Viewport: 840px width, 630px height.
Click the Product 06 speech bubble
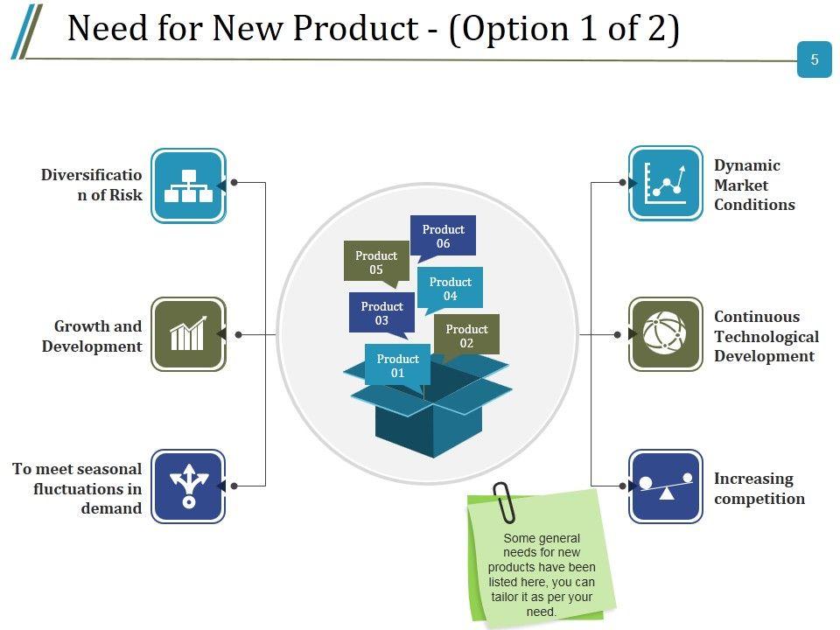443,236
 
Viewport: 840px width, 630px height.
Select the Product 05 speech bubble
376,262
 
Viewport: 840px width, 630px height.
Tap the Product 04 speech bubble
450,289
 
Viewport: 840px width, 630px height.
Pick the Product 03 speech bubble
381,313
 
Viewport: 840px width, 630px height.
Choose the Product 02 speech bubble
466,336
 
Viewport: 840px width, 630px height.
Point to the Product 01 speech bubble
397,366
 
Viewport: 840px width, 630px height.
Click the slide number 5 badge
815,59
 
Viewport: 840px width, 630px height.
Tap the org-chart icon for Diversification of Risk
188,185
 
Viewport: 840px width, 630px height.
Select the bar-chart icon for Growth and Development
188,334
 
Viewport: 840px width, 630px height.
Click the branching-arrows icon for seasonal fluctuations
188,486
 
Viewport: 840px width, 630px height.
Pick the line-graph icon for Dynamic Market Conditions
666,183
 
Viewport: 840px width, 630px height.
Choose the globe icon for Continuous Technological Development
666,334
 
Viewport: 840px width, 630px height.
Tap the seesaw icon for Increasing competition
666,486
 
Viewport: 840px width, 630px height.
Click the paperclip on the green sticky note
504,500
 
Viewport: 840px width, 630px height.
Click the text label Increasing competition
759,488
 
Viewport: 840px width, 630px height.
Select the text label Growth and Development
92,336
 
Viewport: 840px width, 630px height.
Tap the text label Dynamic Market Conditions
754,185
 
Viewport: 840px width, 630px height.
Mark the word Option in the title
511,29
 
